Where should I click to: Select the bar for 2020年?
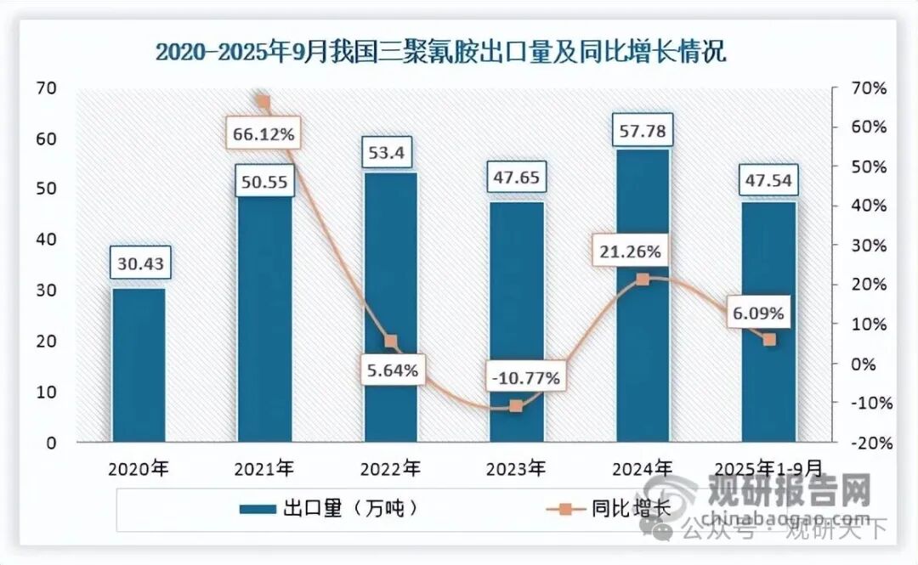point(139,365)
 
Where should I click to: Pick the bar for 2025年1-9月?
point(768,322)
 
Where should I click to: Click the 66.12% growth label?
point(262,134)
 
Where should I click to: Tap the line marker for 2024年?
point(643,279)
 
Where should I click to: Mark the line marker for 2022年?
point(391,342)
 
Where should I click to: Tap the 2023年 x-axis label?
point(517,468)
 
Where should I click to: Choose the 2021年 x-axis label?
point(265,468)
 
